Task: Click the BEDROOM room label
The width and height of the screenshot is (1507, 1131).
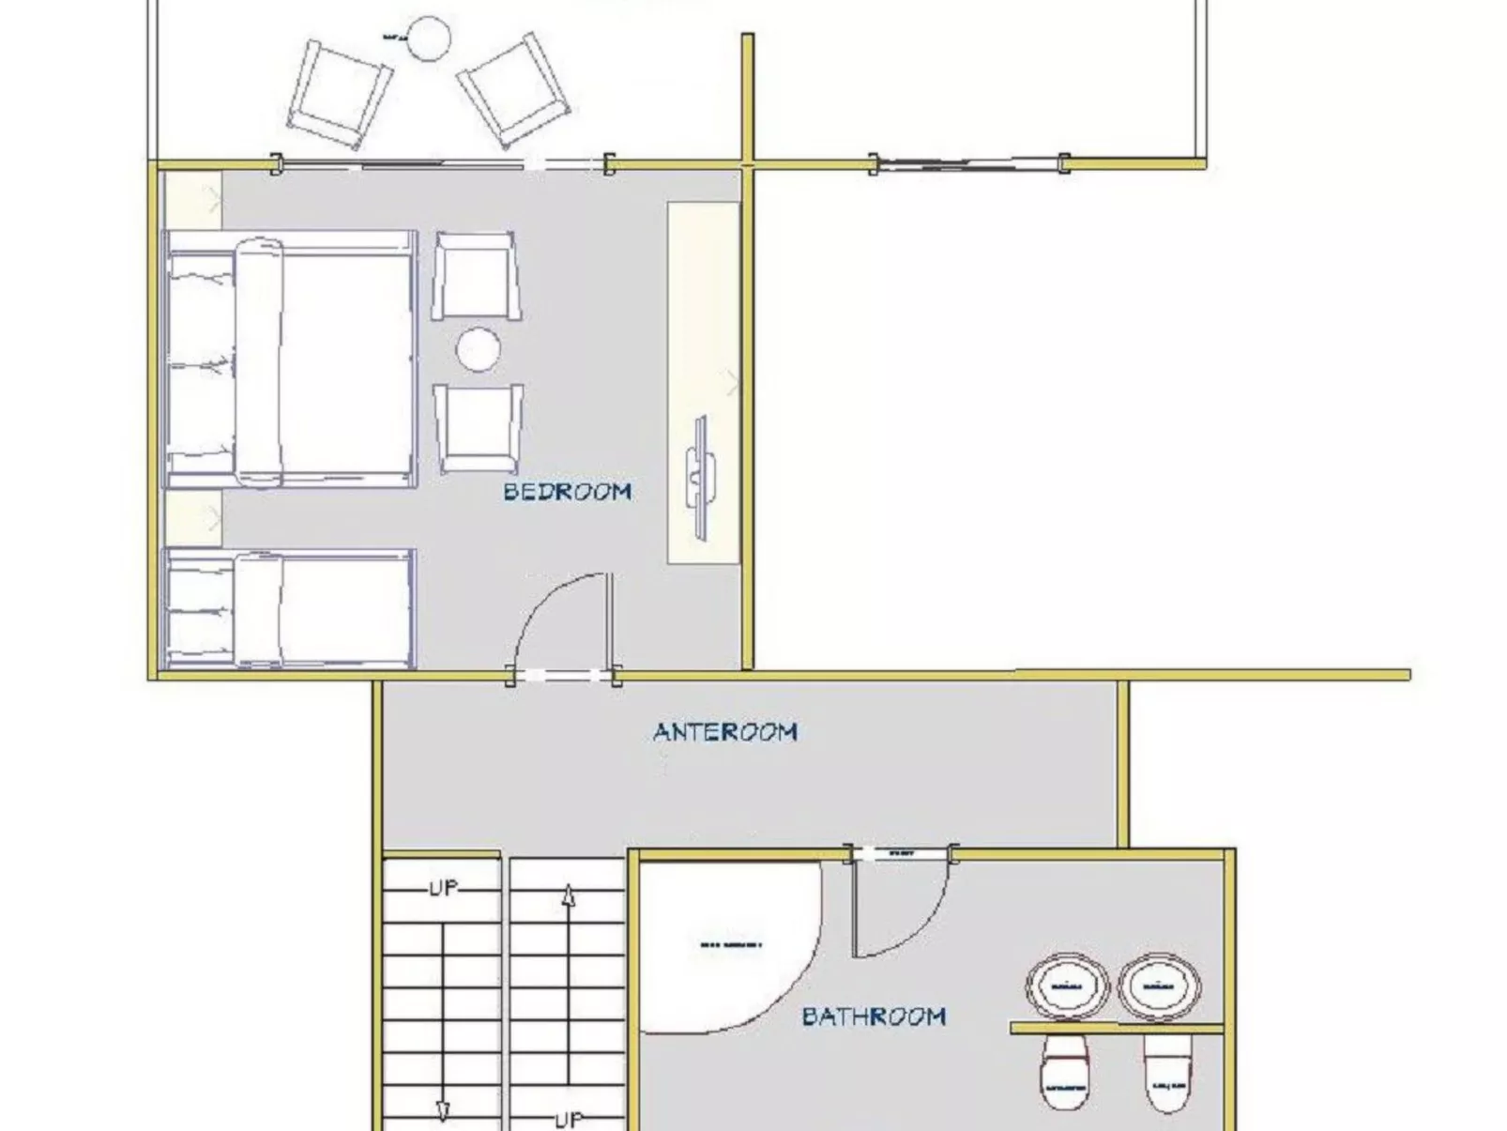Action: [x=567, y=491]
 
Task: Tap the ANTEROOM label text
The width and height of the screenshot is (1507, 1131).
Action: [x=725, y=731]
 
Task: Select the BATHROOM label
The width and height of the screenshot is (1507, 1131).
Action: [x=874, y=1016]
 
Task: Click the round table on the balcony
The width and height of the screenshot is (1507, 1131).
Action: [x=429, y=38]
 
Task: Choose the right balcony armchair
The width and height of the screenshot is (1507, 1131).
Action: [x=514, y=89]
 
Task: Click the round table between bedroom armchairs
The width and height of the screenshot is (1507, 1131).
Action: [x=478, y=349]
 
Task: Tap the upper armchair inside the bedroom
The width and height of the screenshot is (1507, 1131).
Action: [x=477, y=276]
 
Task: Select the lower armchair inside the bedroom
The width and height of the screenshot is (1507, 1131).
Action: [x=478, y=428]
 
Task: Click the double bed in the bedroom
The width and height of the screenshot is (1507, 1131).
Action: [x=291, y=359]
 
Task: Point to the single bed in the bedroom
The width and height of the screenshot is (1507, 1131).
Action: [x=291, y=608]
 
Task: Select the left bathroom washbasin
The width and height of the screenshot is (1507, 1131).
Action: [x=1067, y=986]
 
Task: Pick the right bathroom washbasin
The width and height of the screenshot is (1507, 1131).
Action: [x=1160, y=986]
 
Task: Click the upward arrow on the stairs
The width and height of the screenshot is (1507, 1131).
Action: [x=568, y=898]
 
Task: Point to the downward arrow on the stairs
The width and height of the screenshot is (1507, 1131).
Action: [x=442, y=1110]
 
